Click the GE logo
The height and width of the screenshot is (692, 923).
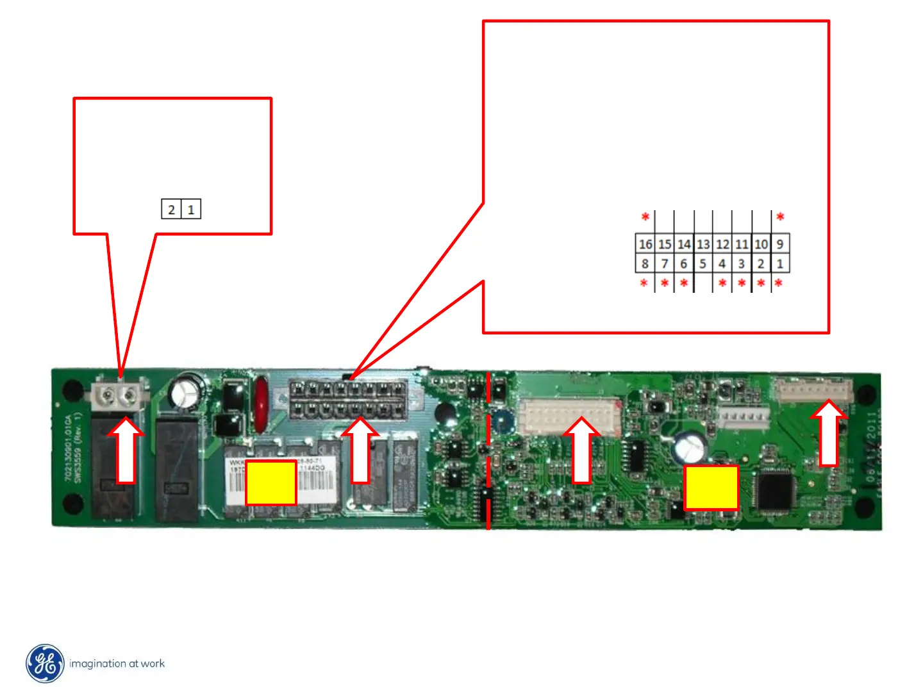point(45,663)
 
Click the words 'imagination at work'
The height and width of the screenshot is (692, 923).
point(117,664)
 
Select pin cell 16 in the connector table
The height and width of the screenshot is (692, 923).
point(645,244)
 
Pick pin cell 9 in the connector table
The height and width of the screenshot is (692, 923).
point(780,244)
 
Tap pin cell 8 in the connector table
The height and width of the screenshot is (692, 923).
point(645,263)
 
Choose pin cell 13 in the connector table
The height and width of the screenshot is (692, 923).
point(703,244)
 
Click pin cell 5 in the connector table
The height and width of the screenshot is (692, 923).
point(703,263)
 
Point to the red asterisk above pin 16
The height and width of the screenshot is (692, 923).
point(645,217)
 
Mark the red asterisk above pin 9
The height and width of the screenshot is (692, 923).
point(780,217)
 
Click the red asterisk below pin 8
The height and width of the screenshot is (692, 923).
point(644,283)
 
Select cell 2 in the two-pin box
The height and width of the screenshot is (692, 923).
point(171,210)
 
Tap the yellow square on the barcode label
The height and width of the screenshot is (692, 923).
point(271,482)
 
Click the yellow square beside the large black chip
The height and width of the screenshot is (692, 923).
point(711,488)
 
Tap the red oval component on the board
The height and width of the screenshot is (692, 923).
point(261,404)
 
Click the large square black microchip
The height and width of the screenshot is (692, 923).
point(775,490)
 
